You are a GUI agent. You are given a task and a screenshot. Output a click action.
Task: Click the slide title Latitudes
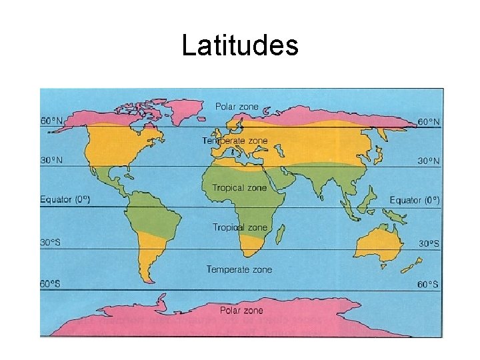(239, 46)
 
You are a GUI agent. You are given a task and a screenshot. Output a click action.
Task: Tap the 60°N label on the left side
(53, 121)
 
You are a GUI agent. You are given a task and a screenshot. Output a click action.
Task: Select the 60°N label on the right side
(428, 122)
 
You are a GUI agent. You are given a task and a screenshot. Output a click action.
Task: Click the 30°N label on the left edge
(53, 161)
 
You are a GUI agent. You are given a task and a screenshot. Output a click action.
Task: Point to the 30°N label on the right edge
(428, 161)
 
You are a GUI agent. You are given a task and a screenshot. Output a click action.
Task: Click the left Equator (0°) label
(65, 199)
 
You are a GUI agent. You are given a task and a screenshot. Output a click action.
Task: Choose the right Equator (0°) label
(415, 200)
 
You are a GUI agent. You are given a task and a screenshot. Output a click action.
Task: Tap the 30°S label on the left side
(51, 243)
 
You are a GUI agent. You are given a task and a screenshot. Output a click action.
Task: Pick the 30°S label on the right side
(429, 244)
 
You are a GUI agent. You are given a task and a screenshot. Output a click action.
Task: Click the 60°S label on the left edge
(51, 284)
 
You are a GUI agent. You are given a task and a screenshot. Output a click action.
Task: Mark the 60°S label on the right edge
(428, 285)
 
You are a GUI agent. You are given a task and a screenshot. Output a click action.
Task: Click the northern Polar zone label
(236, 107)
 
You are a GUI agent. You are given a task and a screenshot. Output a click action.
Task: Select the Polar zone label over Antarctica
(241, 311)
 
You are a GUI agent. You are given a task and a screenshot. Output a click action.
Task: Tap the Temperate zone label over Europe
(235, 141)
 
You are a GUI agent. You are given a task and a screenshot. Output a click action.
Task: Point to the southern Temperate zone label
(239, 269)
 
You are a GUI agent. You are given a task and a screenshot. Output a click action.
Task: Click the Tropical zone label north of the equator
(239, 188)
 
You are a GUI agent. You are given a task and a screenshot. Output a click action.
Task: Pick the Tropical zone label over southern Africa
(239, 228)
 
